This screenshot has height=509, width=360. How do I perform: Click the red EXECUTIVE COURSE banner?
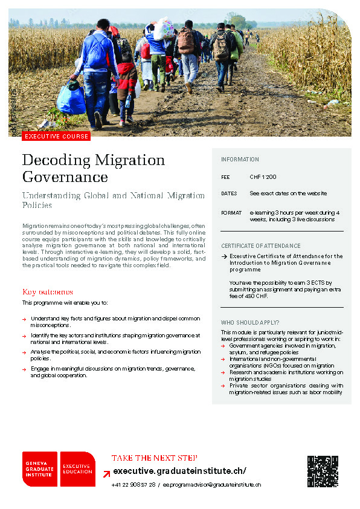pos(56,136)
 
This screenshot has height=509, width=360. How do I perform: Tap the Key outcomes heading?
pos(47,291)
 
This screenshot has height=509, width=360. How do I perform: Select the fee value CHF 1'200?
pos(263,177)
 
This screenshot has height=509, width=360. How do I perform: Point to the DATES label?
pos(229,193)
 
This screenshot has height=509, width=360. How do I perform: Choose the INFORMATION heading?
pos(240,160)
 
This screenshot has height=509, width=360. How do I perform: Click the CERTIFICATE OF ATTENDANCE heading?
pos(260,246)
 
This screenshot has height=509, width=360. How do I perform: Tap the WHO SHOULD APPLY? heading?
pos(250,323)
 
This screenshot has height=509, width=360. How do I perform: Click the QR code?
pos(323,471)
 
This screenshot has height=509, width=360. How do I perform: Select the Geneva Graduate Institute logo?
pos(40,469)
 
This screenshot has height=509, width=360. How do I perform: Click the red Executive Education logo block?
pos(77,469)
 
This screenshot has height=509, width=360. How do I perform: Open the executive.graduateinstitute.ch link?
pos(179,472)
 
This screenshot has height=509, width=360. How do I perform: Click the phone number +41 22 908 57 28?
pos(133,485)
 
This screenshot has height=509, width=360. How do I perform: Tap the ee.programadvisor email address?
pos(212,485)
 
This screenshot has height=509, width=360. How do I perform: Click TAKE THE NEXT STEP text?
pos(154,458)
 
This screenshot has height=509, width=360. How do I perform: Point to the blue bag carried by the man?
pos(72,100)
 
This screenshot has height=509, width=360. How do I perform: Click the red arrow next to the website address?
pos(106,472)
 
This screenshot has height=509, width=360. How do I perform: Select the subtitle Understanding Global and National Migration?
pos(113,195)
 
